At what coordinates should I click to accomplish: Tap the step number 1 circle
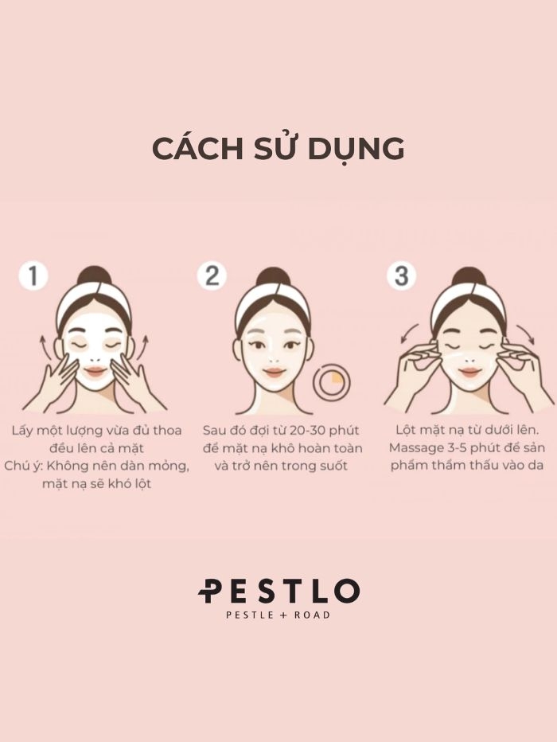tap(33, 276)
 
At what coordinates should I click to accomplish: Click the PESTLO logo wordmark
tap(278, 591)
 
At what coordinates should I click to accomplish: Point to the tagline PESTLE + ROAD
tap(278, 615)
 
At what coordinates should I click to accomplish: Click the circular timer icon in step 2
tap(332, 381)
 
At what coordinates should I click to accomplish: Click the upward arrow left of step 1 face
tap(44, 346)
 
